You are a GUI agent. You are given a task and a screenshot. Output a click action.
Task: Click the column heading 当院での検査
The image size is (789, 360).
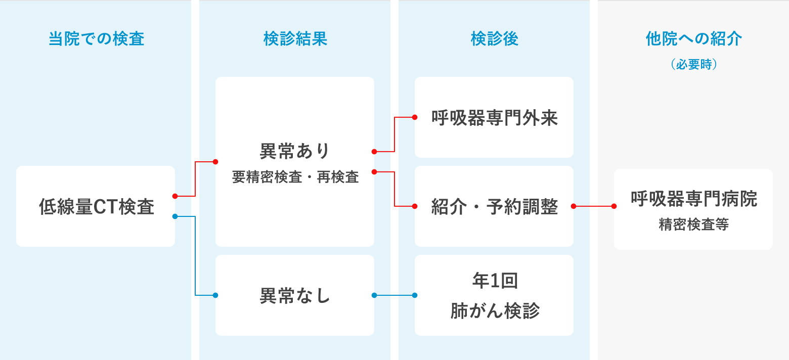coord(96,39)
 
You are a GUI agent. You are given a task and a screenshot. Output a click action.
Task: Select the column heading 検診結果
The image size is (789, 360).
coord(295,39)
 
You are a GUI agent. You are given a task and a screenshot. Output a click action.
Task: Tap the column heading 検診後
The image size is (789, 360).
coord(494,39)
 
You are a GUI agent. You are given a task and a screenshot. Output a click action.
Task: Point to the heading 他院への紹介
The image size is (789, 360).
coord(693,39)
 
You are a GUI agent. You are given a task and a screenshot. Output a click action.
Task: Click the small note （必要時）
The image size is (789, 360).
coord(693,65)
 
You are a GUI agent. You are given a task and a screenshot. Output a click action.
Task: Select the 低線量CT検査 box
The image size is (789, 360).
coord(96,207)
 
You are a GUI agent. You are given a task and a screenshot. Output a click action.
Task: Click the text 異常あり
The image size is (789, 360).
coord(295,151)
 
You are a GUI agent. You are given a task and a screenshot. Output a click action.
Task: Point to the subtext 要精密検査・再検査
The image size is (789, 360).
coord(295,177)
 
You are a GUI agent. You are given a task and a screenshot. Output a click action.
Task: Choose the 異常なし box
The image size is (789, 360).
coord(295,296)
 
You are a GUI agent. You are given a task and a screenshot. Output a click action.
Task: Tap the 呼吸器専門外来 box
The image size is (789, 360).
coord(494,118)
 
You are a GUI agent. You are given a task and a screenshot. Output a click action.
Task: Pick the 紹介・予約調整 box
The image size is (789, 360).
coord(494,207)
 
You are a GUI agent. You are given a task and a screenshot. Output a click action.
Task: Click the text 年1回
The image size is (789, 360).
coord(494,281)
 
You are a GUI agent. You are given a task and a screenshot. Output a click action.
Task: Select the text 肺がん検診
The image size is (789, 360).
coord(494,311)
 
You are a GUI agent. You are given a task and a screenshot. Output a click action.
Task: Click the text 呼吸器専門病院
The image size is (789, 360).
coord(693,199)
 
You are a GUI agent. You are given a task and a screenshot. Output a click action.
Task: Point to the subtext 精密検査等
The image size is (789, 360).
coord(693,225)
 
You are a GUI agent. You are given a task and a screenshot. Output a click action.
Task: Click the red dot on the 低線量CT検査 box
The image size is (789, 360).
coord(174,196)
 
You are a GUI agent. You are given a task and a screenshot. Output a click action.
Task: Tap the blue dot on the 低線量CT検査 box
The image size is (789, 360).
coord(174,216)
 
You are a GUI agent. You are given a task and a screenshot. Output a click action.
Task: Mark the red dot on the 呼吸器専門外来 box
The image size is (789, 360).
coord(415,117)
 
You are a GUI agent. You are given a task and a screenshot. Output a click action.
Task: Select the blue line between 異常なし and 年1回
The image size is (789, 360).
coord(394,295)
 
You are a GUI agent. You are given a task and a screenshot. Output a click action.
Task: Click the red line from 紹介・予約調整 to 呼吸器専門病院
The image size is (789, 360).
coord(594,206)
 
